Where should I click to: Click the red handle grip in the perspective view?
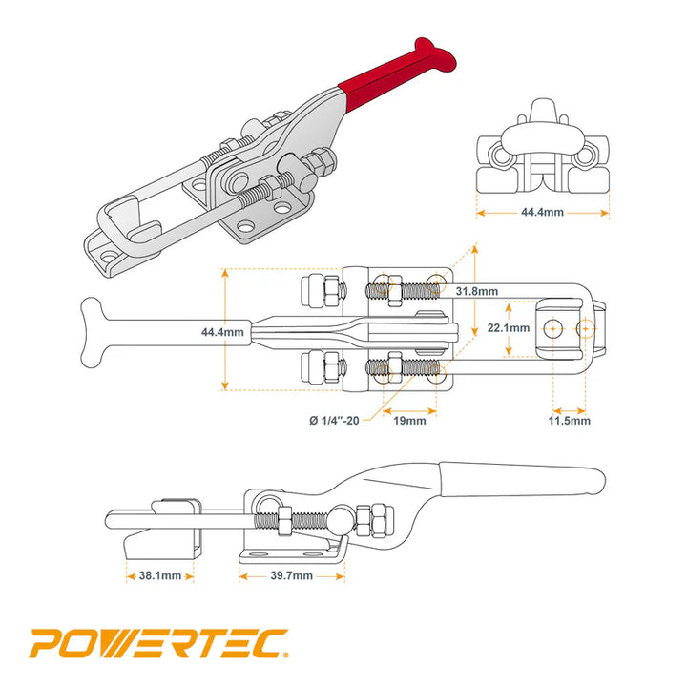pyautogui.click(x=391, y=80)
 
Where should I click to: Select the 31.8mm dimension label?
pyautogui.click(x=476, y=290)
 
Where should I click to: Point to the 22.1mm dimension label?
pyautogui.click(x=508, y=327)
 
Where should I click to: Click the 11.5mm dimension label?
pyautogui.click(x=569, y=420)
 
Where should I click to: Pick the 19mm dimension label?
pyautogui.click(x=409, y=420)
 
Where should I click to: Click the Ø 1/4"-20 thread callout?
pyautogui.click(x=334, y=420)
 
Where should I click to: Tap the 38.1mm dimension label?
pyautogui.click(x=159, y=575)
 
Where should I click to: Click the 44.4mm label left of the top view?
pyautogui.click(x=222, y=332)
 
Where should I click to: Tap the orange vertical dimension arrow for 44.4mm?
pyautogui.click(x=226, y=330)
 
